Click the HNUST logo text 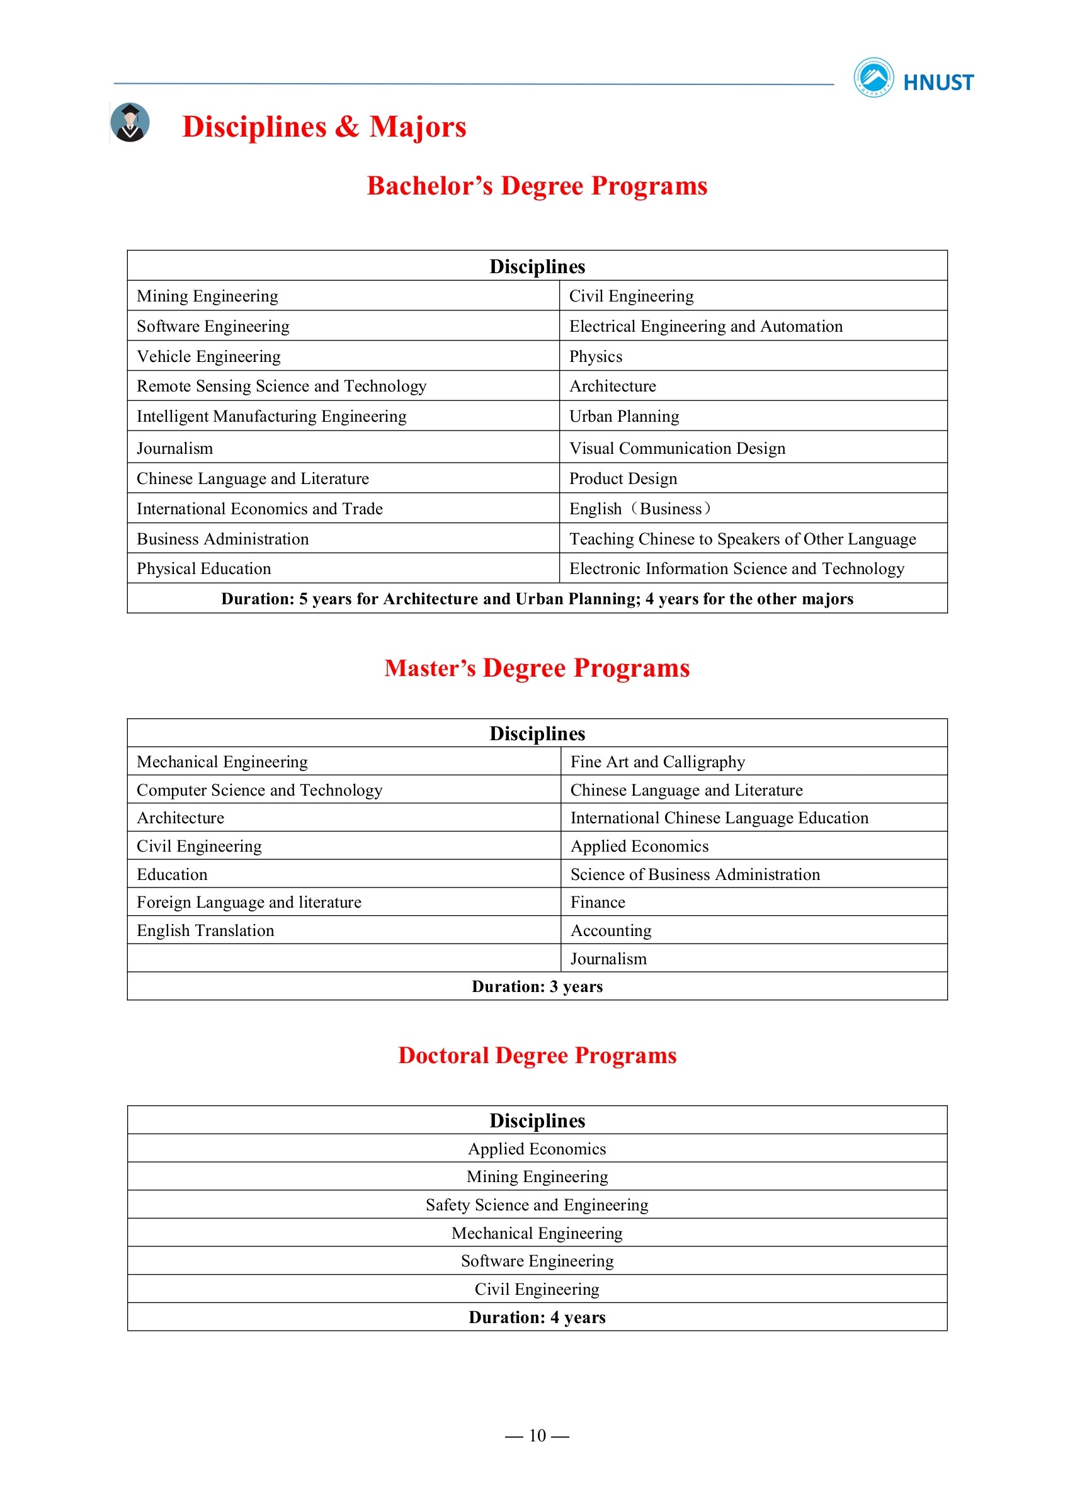pos(938,82)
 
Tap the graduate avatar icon pos(130,122)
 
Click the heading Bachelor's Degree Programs pos(537,186)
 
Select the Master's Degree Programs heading pos(537,668)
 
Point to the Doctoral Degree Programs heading pos(537,1055)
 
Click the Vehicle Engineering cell pos(208,356)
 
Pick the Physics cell pos(596,356)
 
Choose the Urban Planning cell pos(624,416)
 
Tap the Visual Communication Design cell pos(677,449)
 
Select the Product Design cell pos(623,478)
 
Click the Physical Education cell pos(204,569)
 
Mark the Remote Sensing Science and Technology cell pos(282,386)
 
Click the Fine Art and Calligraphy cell pos(657,762)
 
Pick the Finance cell pos(598,903)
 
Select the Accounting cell pos(611,931)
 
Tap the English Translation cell pos(205,931)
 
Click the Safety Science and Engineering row pos(537,1205)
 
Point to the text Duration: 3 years pos(537,986)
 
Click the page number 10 pos(537,1436)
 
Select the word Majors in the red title pos(418,127)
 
